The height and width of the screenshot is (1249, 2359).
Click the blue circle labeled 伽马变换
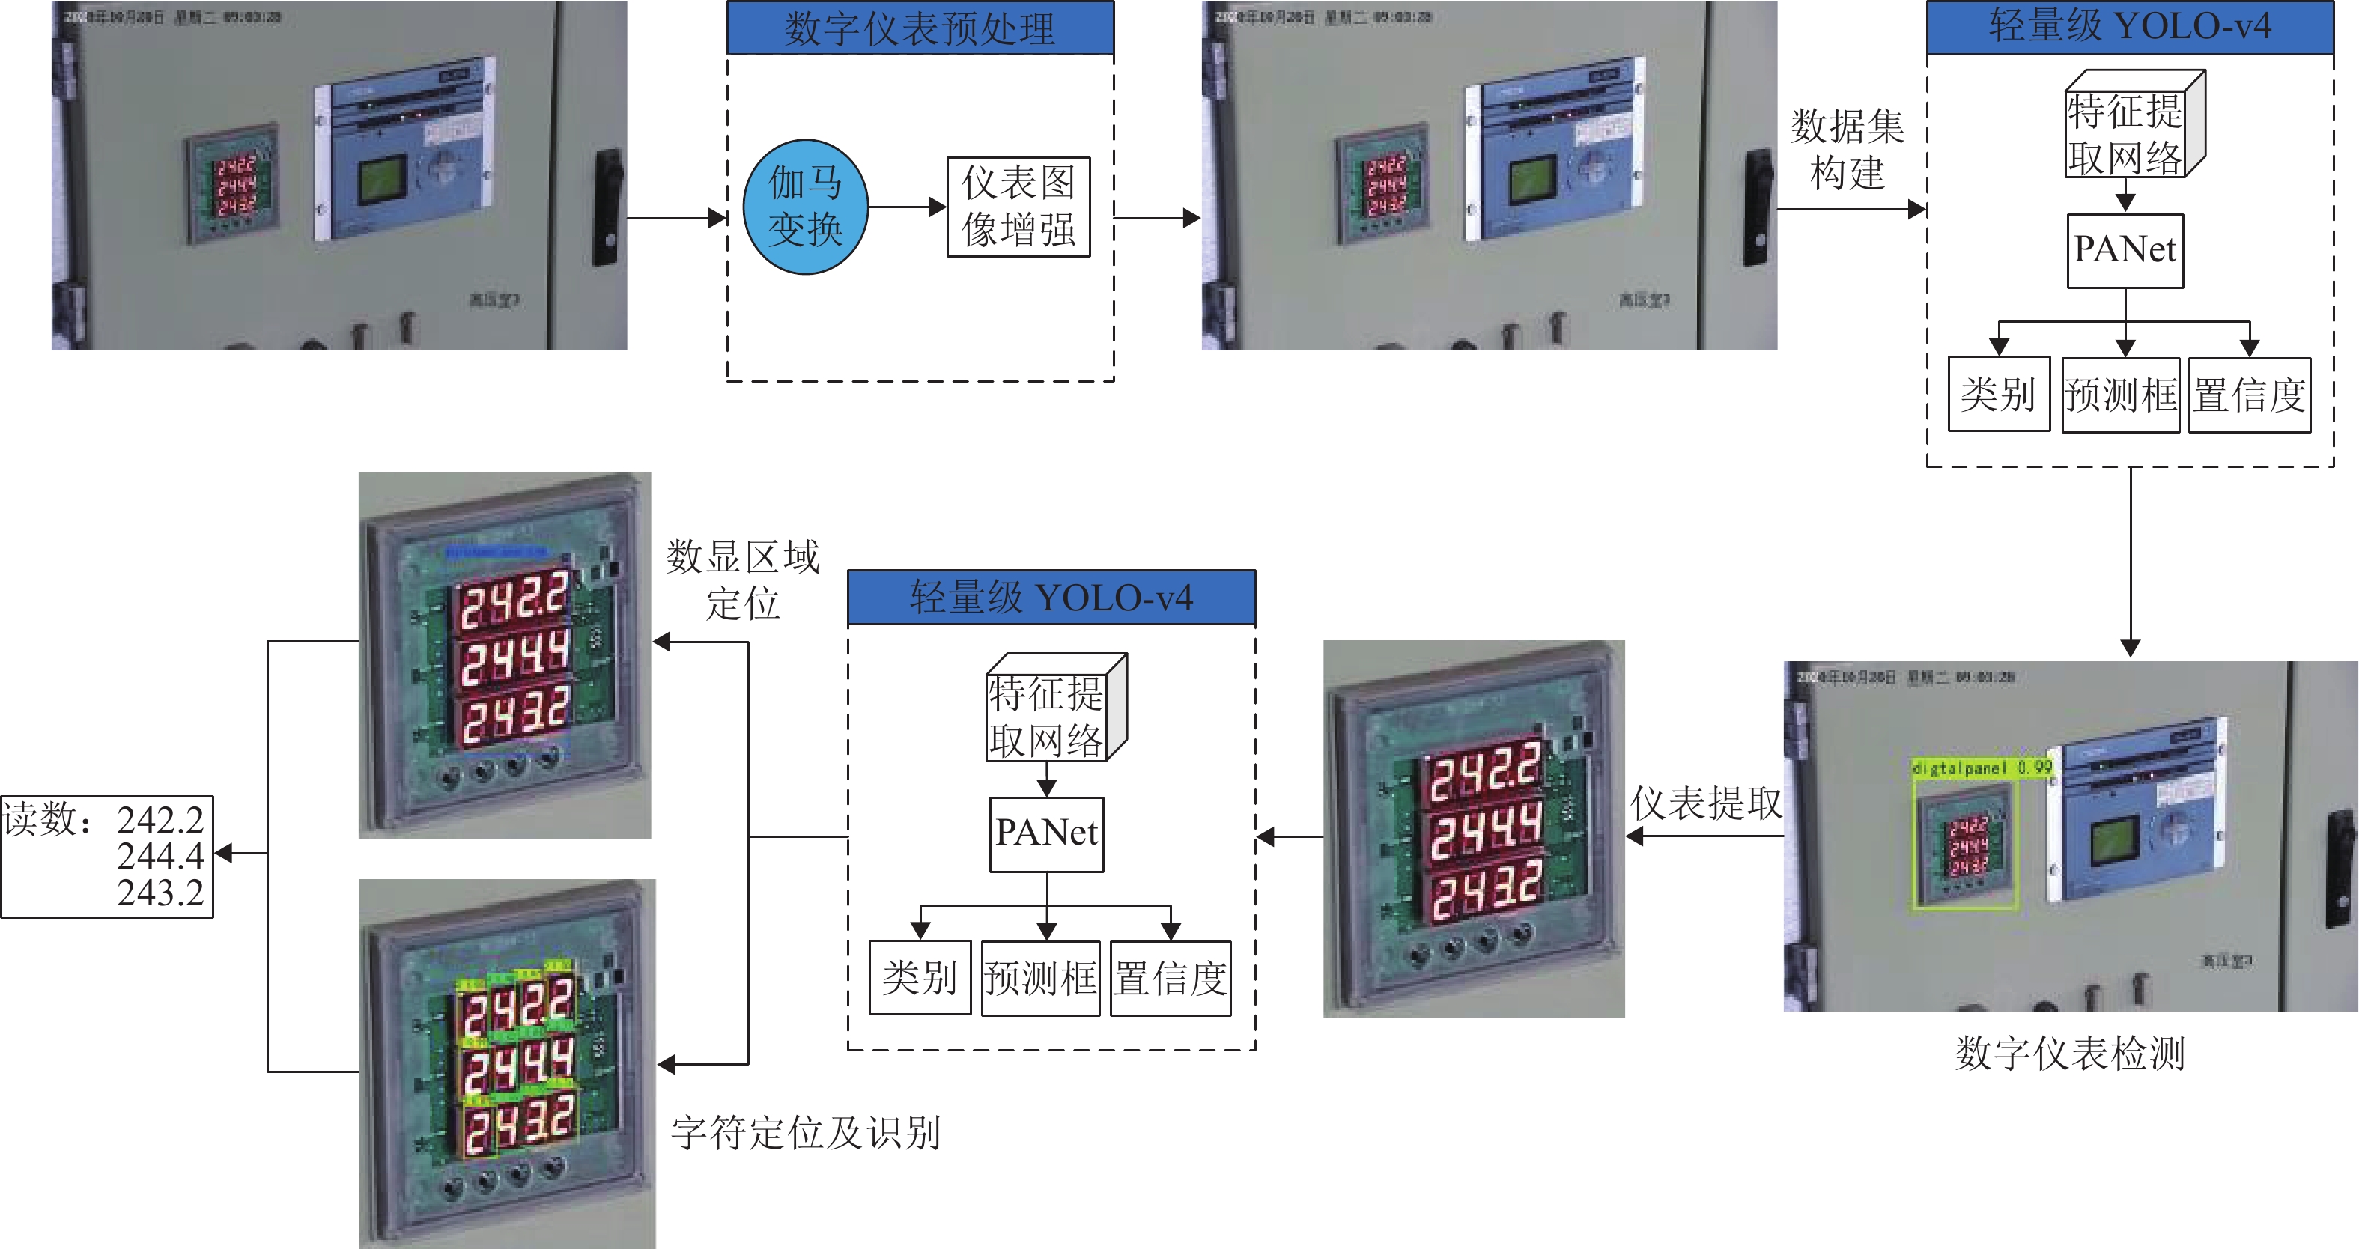(805, 207)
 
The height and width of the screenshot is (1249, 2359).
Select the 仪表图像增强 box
(1018, 207)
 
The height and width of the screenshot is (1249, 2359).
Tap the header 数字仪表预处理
(920, 28)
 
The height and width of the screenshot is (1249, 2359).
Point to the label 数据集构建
(1847, 149)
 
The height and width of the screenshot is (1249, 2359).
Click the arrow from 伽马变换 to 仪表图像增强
(907, 207)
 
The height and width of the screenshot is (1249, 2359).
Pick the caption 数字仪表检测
(2070, 1053)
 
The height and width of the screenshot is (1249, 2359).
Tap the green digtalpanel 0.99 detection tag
(1982, 768)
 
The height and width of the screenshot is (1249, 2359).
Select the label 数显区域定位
(743, 580)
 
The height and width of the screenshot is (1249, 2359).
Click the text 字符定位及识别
(806, 1133)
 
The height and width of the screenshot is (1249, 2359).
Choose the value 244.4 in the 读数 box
(160, 856)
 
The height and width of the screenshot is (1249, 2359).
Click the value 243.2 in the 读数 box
(160, 893)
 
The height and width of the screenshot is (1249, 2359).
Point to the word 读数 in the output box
(40, 818)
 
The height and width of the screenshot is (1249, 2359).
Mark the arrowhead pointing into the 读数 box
(223, 854)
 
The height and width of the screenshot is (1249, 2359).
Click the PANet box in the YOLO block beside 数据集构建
(2125, 250)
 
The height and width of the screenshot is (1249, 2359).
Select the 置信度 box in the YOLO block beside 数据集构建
(2249, 395)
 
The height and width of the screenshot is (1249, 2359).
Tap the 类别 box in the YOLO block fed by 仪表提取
(920, 978)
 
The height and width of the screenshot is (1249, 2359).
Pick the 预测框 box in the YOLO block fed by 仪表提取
(1040, 978)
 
